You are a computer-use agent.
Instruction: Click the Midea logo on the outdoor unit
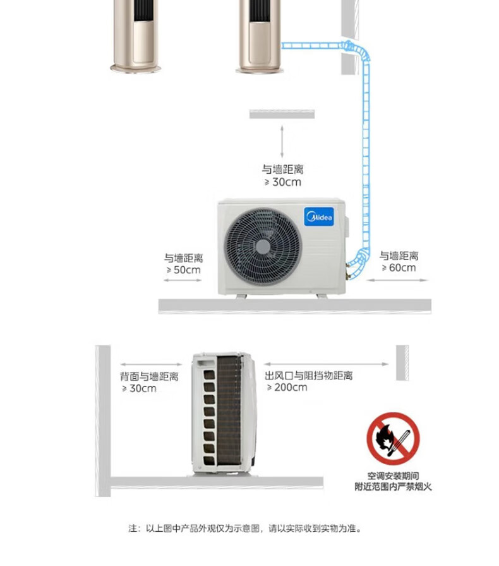(x=323, y=218)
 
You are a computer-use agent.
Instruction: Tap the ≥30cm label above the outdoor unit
(x=283, y=182)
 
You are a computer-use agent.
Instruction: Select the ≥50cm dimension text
(x=183, y=270)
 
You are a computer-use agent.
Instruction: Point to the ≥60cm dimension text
(x=399, y=268)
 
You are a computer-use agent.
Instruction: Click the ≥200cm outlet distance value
(x=287, y=387)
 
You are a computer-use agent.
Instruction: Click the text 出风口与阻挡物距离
(x=309, y=376)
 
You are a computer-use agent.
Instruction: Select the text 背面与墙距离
(x=149, y=376)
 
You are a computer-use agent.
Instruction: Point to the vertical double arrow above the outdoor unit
(x=282, y=140)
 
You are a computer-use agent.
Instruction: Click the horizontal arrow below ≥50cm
(x=183, y=281)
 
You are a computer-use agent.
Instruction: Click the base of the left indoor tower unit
(x=138, y=66)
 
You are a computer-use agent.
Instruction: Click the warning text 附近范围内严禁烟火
(x=393, y=486)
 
